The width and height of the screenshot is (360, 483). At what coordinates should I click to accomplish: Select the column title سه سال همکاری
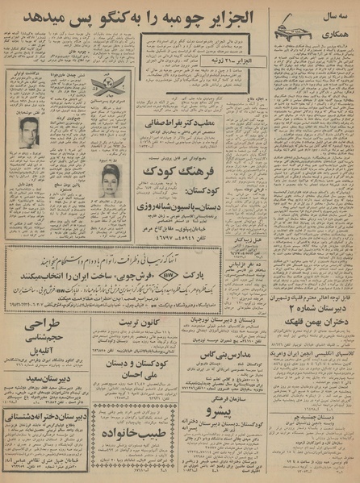click(x=337, y=20)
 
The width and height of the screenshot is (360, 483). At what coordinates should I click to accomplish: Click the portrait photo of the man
click(x=28, y=134)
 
